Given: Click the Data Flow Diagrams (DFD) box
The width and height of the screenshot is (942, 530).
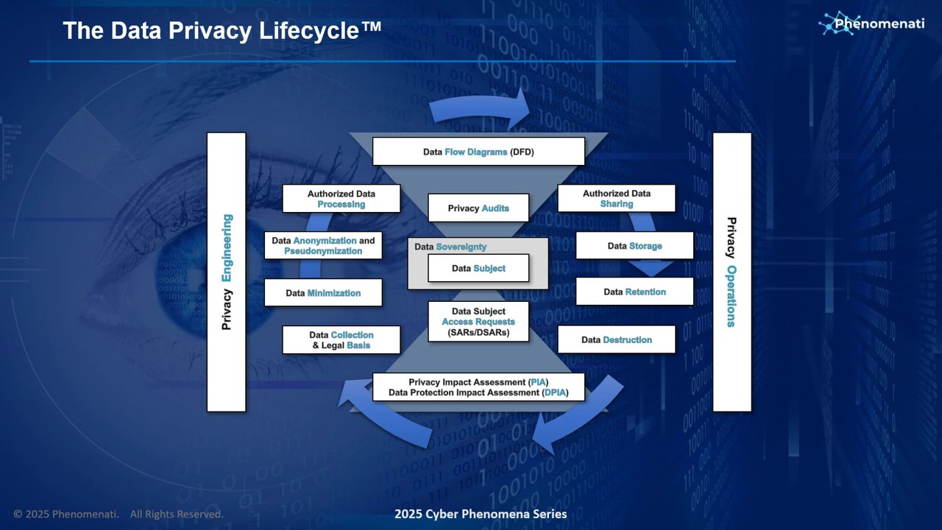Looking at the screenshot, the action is pos(478,152).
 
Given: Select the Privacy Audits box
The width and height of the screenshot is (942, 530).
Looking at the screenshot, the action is pos(478,208).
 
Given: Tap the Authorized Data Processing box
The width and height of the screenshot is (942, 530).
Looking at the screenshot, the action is pos(341,199).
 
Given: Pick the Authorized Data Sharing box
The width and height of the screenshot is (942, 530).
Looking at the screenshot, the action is pos(617,198).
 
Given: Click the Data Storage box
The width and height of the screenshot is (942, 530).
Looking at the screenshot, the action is pos(634,246).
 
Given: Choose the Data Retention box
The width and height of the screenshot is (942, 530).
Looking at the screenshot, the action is pos(634,291).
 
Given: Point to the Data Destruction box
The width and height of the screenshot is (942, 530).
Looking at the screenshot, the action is pos(617,339).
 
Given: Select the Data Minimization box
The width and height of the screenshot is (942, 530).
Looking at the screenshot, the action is pos(323,293).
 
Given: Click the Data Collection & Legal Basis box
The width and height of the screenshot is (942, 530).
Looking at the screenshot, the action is pos(341,340).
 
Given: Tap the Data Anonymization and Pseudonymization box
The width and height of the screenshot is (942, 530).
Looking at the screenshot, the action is pos(323,246).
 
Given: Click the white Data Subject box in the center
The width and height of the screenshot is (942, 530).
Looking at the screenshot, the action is pos(478,268).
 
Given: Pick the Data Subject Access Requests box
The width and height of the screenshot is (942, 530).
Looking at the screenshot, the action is pos(478,322).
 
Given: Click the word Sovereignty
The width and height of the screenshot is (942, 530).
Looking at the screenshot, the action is pos(461,247).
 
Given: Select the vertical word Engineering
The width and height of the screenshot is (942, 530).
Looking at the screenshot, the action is pos(227,248).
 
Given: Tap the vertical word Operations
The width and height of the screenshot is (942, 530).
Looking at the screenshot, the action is pos(732,296).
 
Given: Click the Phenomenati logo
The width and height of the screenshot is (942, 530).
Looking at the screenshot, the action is pos(871,23).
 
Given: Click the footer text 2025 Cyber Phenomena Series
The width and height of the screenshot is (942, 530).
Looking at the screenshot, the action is pos(481,514).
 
